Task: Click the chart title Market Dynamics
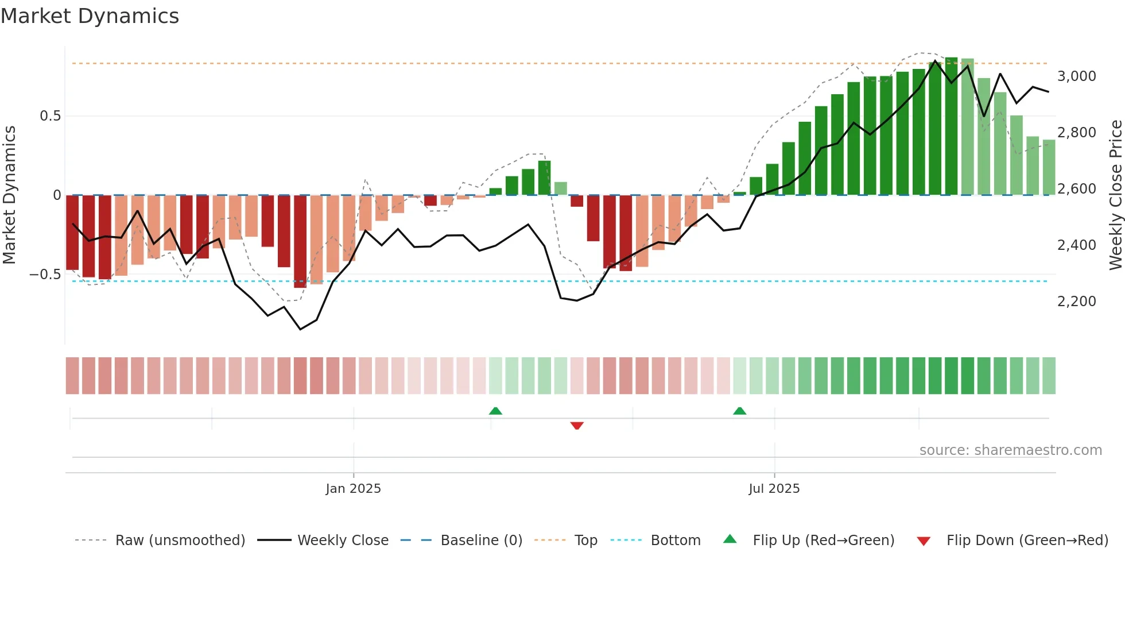(x=90, y=16)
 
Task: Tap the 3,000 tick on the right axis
(x=1076, y=76)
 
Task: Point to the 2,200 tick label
(x=1076, y=302)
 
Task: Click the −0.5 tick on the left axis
(x=45, y=275)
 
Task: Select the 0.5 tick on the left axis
(x=50, y=116)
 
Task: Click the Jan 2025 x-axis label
(x=353, y=489)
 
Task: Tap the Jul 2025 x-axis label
(x=774, y=489)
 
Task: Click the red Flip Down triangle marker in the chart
(x=577, y=426)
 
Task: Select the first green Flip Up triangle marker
(x=495, y=411)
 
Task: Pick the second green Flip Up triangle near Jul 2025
(x=739, y=411)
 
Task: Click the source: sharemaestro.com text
(x=1010, y=450)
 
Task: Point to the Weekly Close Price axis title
(x=1115, y=195)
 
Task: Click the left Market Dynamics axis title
(x=9, y=195)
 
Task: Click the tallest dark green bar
(x=951, y=126)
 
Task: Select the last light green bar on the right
(x=1049, y=167)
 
